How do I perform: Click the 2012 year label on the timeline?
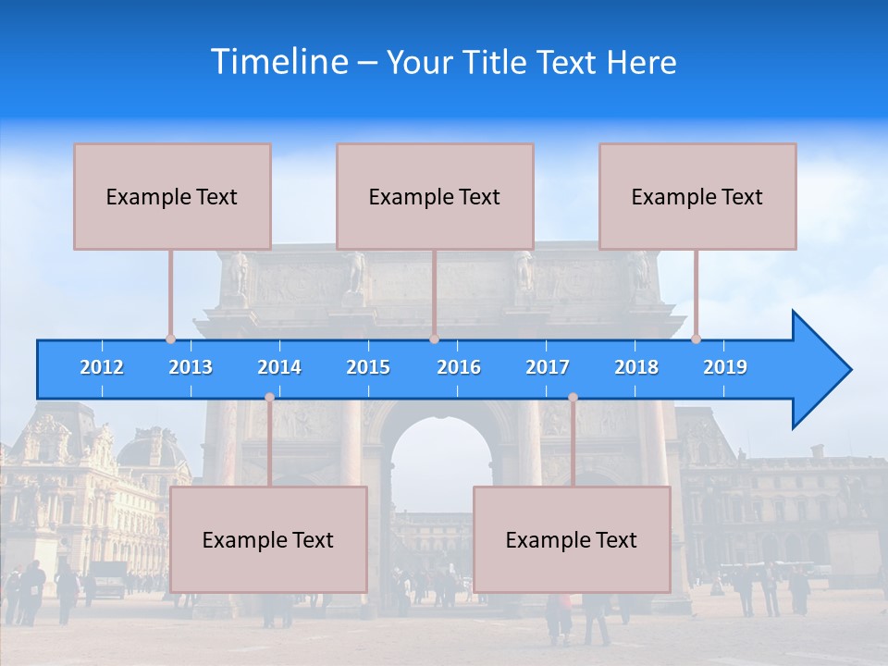(102, 367)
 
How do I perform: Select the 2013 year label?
(191, 367)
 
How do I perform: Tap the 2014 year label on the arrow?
(279, 367)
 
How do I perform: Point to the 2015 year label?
(368, 367)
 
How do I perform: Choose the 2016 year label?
(459, 367)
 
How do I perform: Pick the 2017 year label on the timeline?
(548, 367)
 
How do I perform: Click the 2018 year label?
(636, 367)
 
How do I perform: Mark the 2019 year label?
(725, 367)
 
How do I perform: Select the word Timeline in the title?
(277, 62)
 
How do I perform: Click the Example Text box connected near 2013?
(172, 196)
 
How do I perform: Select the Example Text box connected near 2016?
(435, 196)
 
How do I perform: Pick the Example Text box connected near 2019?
(697, 196)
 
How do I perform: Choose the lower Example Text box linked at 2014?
(268, 539)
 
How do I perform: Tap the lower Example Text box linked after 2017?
(572, 539)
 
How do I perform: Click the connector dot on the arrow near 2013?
(171, 339)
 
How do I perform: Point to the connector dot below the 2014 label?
(269, 397)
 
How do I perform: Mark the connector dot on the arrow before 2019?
(697, 339)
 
